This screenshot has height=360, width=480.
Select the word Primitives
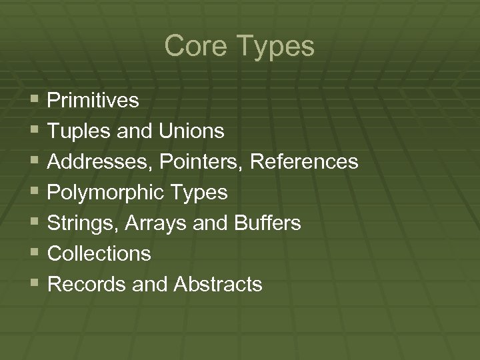pos(93,101)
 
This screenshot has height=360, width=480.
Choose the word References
pos(306,162)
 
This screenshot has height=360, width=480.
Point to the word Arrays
pos(145,223)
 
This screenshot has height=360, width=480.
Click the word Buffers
pos(267,223)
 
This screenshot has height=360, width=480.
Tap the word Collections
pos(100,254)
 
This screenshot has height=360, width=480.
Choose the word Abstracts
pos(217,285)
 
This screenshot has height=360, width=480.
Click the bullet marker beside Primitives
pos(35,99)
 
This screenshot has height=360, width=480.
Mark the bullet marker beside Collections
pos(35,253)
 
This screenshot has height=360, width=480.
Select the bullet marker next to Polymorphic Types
pos(35,191)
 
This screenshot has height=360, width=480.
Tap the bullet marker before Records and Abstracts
pos(35,283)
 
